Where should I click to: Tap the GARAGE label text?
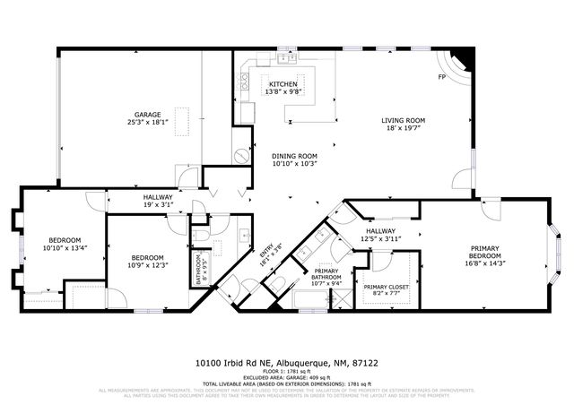click(148, 116)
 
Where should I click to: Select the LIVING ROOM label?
click(403, 120)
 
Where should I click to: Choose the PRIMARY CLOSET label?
click(385, 287)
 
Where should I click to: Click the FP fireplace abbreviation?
click(442, 77)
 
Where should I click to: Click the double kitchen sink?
click(287, 58)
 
